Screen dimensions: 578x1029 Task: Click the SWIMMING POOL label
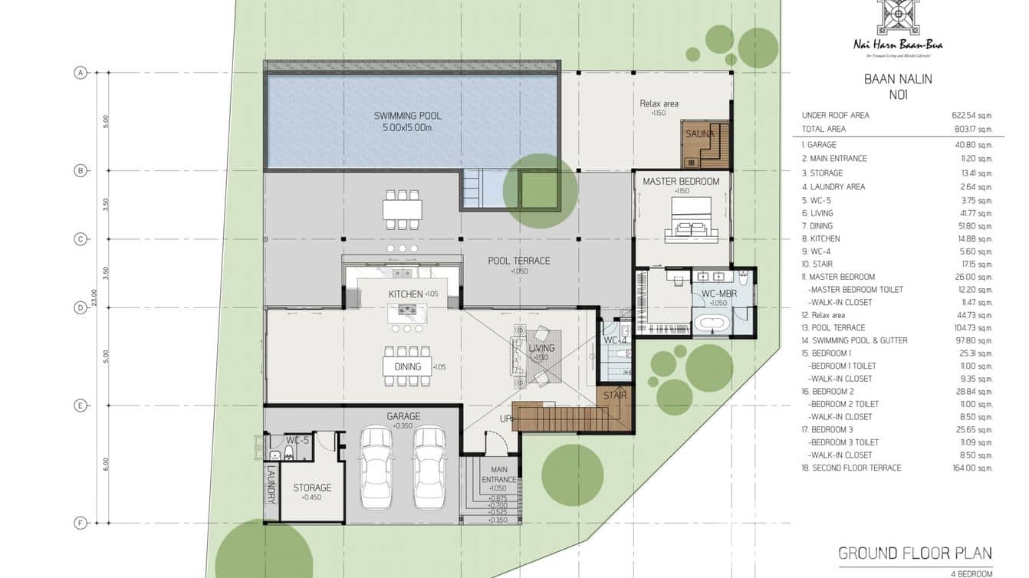point(407,116)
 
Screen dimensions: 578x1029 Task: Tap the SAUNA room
point(699,135)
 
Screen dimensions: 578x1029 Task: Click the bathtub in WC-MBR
point(713,322)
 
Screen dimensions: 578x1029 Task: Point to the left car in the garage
point(376,468)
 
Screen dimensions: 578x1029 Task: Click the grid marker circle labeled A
point(80,73)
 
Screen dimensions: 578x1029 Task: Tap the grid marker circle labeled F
point(80,524)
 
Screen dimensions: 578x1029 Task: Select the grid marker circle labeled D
point(80,307)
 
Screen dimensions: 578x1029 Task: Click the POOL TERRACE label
point(519,261)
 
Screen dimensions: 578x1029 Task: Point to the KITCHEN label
point(405,294)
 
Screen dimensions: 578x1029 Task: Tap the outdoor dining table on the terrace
point(403,209)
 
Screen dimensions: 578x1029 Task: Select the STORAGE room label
point(312,488)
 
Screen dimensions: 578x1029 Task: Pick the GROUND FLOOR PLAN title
point(915,553)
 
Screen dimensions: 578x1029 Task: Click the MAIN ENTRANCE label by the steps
point(498,475)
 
